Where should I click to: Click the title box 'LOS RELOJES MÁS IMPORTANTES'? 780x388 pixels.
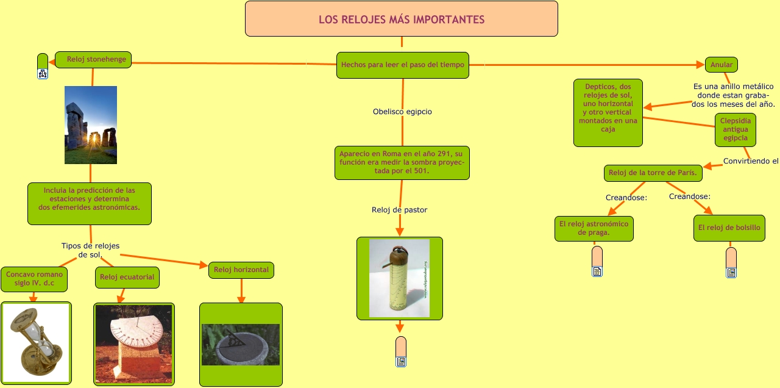pyautogui.click(x=402, y=19)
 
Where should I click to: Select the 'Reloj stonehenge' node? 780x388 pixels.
pyautogui.click(x=93, y=60)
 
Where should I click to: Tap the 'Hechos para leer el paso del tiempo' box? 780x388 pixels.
pyautogui.click(x=403, y=65)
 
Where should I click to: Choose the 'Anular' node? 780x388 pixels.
pyautogui.click(x=721, y=65)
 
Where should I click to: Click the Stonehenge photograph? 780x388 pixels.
pyautogui.click(x=91, y=125)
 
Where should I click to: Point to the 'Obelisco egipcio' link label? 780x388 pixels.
pyautogui.click(x=402, y=112)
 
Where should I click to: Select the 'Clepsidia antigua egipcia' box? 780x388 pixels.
pyautogui.click(x=736, y=129)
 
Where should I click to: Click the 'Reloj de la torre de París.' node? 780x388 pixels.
pyautogui.click(x=653, y=173)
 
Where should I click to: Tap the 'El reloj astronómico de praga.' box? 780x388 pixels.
pyautogui.click(x=594, y=228)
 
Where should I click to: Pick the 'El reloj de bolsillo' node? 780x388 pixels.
pyautogui.click(x=729, y=228)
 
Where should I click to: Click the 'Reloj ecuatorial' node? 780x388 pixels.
pyautogui.click(x=127, y=277)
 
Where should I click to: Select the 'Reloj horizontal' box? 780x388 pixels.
pyautogui.click(x=241, y=270)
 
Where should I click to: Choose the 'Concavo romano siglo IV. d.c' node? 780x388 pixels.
pyautogui.click(x=34, y=279)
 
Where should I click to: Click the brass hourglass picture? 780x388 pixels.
pyautogui.click(x=36, y=343)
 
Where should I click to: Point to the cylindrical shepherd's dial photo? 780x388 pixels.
pyautogui.click(x=399, y=278)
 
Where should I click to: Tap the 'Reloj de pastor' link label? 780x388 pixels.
pyautogui.click(x=399, y=210)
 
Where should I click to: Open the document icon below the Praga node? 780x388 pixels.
pyautogui.click(x=597, y=271)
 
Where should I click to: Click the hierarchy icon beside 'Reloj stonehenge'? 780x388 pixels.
pyautogui.click(x=43, y=74)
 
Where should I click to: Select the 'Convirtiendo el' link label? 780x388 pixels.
pyautogui.click(x=751, y=161)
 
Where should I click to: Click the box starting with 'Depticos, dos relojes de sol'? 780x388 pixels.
pyautogui.click(x=608, y=113)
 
